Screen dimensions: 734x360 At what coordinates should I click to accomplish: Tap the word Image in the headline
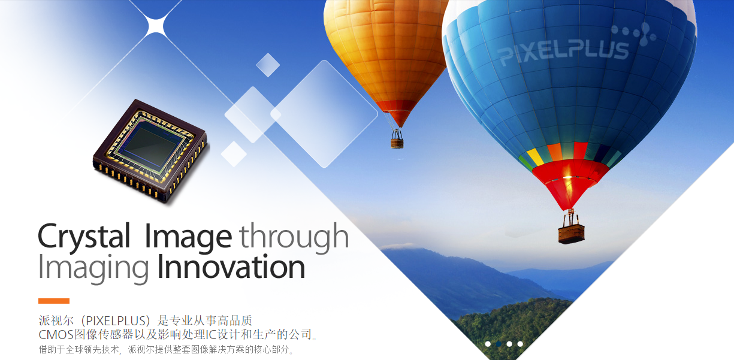[x=188, y=237]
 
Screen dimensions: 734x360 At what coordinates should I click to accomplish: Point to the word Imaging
[x=93, y=268]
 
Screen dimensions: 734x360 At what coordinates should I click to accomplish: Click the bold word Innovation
[x=231, y=267]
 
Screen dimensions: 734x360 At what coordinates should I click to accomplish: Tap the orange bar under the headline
[x=54, y=301]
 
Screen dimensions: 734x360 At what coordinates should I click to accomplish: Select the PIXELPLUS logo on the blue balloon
[x=576, y=44]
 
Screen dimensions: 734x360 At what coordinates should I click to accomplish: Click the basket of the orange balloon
[x=397, y=143]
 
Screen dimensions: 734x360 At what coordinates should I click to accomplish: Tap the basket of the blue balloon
[x=572, y=234]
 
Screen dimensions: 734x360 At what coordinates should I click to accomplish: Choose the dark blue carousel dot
[x=499, y=344]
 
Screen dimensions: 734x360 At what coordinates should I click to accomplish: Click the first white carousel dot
[x=488, y=344]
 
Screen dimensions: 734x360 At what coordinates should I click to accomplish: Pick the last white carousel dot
[x=520, y=344]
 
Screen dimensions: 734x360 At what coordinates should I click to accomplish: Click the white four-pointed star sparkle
[x=156, y=25]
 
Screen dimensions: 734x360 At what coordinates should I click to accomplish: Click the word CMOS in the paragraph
[x=56, y=334]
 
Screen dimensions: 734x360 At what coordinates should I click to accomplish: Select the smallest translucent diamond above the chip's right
[x=268, y=65]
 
